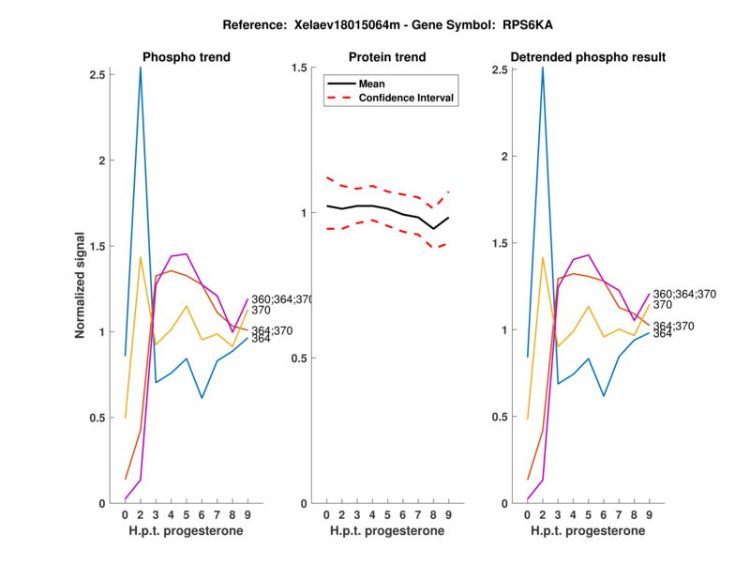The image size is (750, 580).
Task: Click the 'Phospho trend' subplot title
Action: pyautogui.click(x=186, y=57)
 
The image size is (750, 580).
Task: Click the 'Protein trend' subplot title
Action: pyautogui.click(x=386, y=57)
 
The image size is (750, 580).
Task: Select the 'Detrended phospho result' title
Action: pyautogui.click(x=588, y=57)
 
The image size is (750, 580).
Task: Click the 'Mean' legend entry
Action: pyautogui.click(x=372, y=84)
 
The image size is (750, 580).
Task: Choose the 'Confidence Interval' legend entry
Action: pyautogui.click(x=407, y=98)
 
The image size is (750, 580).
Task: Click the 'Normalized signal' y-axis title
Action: pyautogui.click(x=81, y=285)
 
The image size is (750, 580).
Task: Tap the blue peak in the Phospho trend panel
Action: pyautogui.click(x=141, y=68)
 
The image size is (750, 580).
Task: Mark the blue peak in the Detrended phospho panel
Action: pyautogui.click(x=543, y=68)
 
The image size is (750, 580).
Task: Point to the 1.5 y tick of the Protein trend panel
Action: pyautogui.click(x=299, y=68)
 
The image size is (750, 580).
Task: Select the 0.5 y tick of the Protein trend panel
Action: pyautogui.click(x=299, y=358)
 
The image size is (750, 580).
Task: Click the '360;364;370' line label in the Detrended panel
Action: pyautogui.click(x=684, y=294)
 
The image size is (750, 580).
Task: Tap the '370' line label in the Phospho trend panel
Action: pyautogui.click(x=261, y=310)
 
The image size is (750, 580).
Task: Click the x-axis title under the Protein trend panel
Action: pyautogui.click(x=386, y=531)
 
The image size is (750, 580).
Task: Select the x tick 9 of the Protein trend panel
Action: pyautogui.click(x=448, y=514)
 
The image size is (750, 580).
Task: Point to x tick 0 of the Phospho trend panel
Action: pyautogui.click(x=125, y=514)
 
